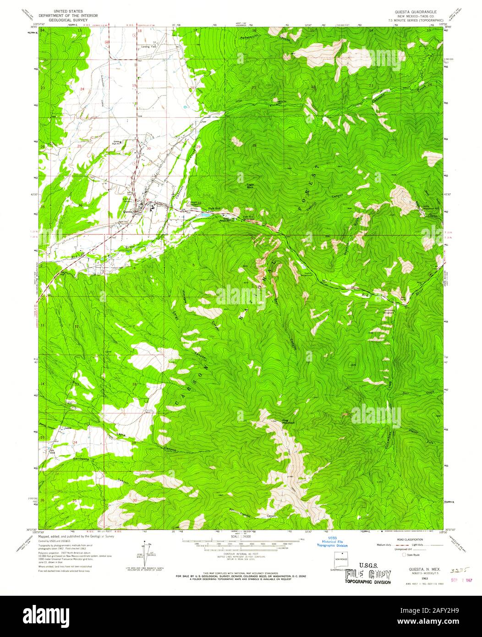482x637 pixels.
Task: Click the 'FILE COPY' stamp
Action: pos(368,575)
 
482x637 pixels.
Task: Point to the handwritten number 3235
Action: pos(458,571)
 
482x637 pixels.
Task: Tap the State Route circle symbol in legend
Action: pos(404,555)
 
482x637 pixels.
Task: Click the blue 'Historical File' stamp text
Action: pos(333,542)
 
